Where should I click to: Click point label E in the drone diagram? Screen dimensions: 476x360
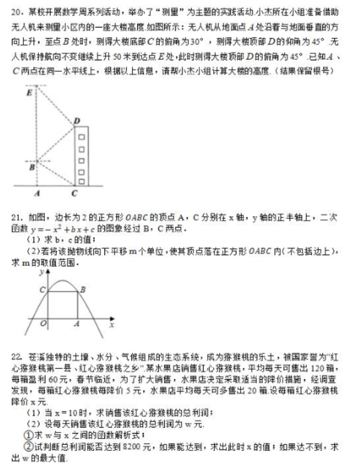click(x=28, y=93)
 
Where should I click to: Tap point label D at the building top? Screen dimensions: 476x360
click(x=77, y=121)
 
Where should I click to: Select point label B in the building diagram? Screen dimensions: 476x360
click(x=32, y=167)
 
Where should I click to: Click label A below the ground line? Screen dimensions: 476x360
click(x=36, y=194)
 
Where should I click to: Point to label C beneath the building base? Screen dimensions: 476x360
click(x=73, y=194)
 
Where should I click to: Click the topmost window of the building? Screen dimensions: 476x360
click(x=81, y=136)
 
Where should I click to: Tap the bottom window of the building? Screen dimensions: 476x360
click(x=81, y=180)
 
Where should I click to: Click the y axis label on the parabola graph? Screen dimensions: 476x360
click(x=41, y=272)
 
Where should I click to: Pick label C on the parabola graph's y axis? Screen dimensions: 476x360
click(x=42, y=290)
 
